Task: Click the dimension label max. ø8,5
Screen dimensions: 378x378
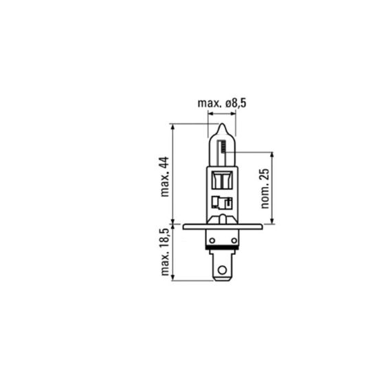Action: click(221, 104)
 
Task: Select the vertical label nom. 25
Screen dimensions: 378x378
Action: click(265, 188)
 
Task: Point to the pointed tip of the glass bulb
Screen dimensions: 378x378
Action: click(221, 126)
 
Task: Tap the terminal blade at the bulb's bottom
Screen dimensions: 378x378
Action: click(221, 269)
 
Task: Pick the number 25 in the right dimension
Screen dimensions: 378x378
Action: click(265, 175)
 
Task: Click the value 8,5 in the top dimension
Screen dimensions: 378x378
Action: click(236, 104)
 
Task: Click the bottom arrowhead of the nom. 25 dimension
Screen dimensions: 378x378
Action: click(274, 221)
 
